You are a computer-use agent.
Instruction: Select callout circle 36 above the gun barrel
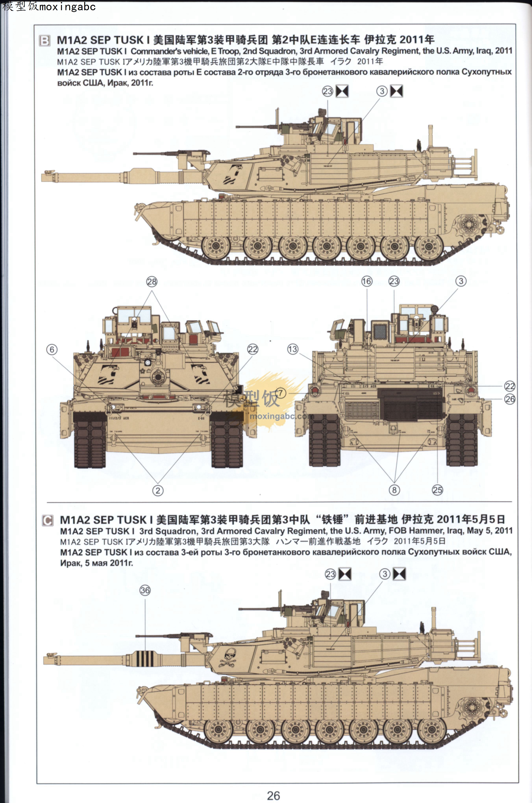[145, 590]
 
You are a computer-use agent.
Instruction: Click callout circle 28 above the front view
[152, 282]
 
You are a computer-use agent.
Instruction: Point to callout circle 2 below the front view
[158, 490]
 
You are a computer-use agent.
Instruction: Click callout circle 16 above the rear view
[367, 281]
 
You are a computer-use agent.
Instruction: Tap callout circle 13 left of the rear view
[292, 349]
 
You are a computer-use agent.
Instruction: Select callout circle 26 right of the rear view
[510, 399]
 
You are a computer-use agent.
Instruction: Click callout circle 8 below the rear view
[394, 490]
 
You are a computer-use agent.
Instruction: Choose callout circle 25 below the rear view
[437, 490]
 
